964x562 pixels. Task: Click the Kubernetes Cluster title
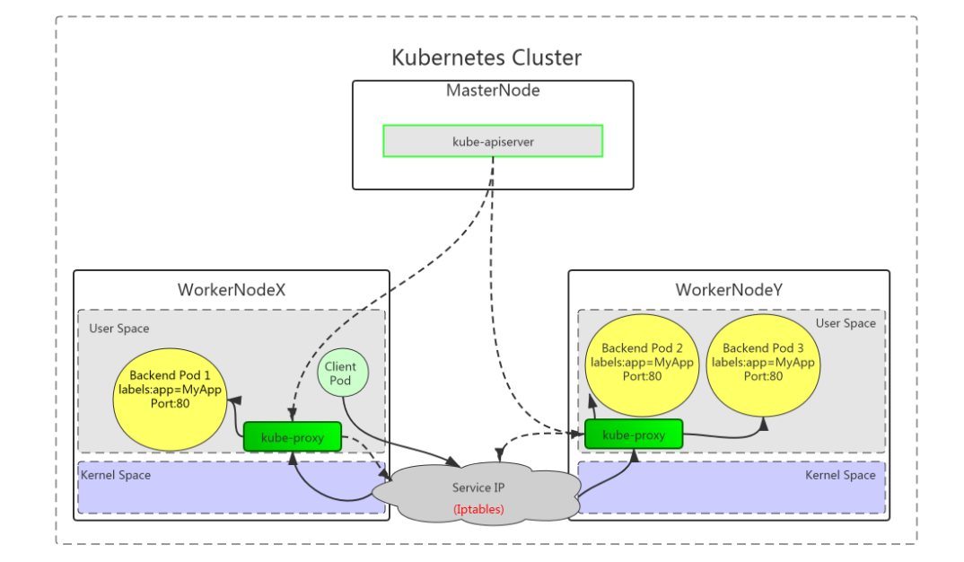486,57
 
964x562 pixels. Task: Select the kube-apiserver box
493,141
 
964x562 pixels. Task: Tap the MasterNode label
493,91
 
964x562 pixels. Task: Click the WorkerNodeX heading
232,290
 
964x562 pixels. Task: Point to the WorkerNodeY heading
728,290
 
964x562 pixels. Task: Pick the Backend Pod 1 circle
171,397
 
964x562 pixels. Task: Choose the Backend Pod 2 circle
642,361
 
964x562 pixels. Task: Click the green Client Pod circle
341,373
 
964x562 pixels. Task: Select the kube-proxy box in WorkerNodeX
292,437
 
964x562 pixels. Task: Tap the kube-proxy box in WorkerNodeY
634,435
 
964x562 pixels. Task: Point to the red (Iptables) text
478,509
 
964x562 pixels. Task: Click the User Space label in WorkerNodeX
119,329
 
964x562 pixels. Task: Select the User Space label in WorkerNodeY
846,323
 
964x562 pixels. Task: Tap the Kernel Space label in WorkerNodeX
116,475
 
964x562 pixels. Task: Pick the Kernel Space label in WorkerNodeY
840,475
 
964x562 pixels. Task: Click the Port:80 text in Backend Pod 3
763,376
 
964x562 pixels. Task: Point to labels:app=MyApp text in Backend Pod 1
171,390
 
